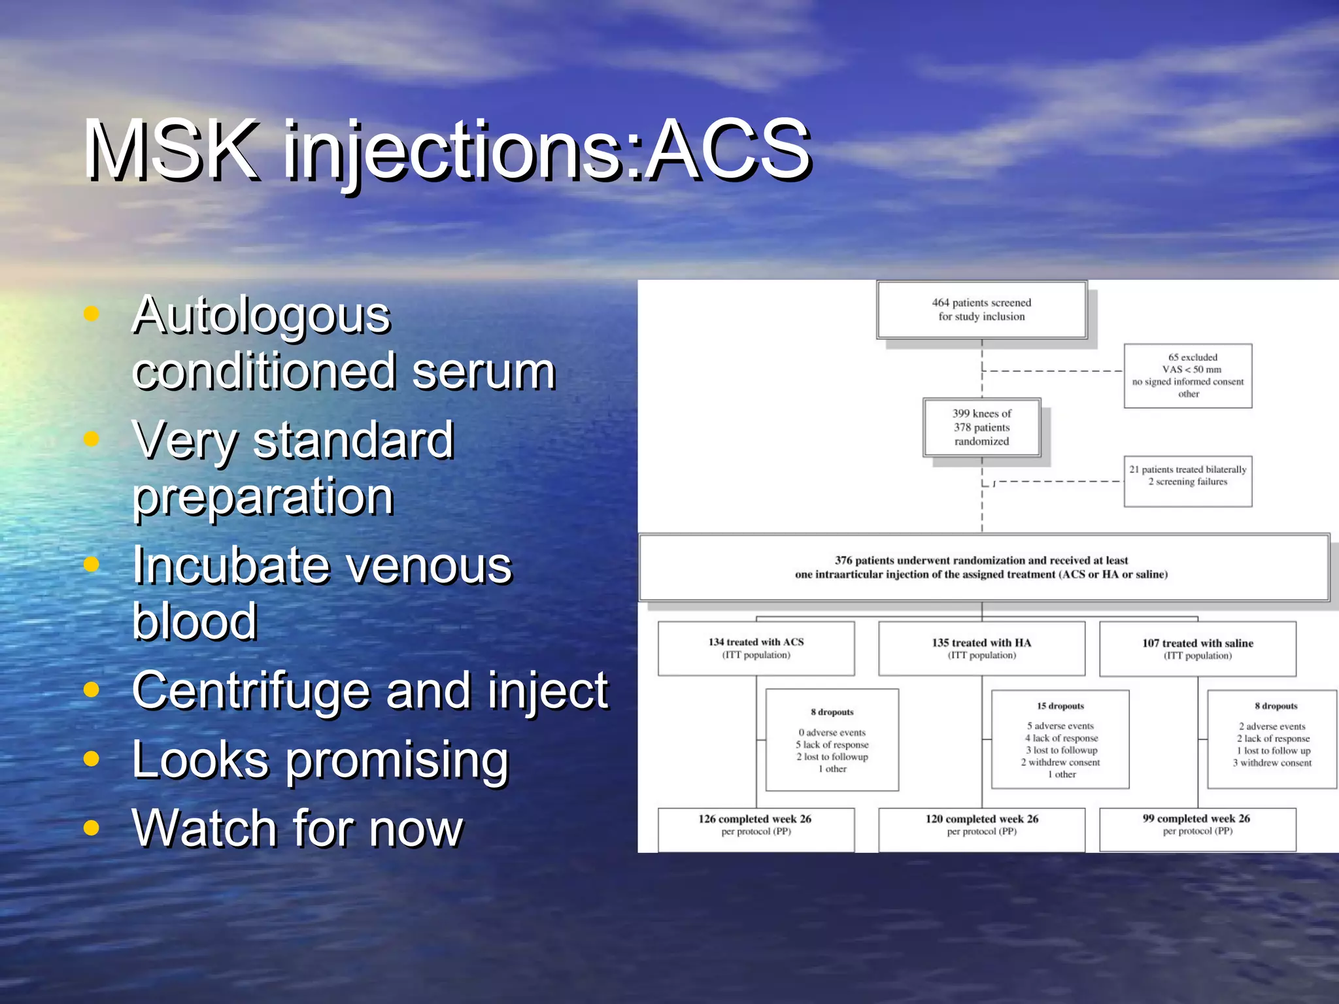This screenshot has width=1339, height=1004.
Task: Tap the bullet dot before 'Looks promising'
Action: [x=92, y=759]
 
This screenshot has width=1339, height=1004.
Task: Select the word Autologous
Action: [x=261, y=316]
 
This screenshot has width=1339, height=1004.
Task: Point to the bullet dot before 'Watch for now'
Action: [x=92, y=828]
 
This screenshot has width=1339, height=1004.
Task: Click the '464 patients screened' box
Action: [x=981, y=310]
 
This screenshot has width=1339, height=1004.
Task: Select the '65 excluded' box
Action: [x=1188, y=376]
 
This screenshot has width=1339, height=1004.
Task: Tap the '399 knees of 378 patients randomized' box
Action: [x=981, y=427]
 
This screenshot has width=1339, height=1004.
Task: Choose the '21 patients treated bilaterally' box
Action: [x=1188, y=481]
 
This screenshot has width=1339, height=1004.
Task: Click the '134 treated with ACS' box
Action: [x=756, y=648]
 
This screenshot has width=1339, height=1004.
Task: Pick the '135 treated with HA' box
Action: [x=981, y=648]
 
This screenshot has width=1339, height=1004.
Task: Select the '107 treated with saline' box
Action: [x=1197, y=648]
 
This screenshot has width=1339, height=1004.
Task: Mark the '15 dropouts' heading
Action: [x=1060, y=706]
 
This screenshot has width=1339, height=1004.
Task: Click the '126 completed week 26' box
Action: [x=756, y=829]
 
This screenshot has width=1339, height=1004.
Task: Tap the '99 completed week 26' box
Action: [x=1197, y=829]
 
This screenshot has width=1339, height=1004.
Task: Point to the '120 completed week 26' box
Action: [x=981, y=829]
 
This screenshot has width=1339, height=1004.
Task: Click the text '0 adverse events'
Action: [x=832, y=733]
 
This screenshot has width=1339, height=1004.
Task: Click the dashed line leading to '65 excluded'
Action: [x=1053, y=371]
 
